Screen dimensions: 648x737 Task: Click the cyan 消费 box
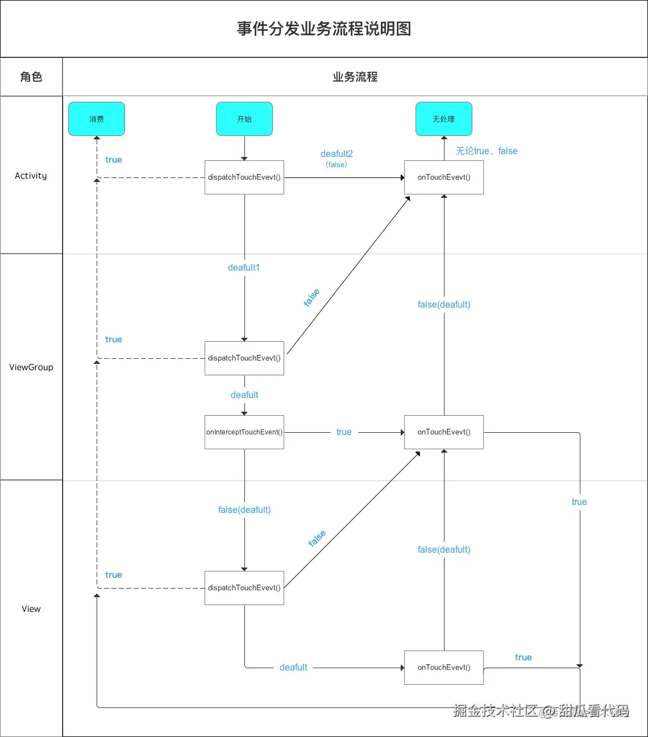pos(97,119)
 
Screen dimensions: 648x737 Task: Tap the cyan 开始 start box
pos(244,119)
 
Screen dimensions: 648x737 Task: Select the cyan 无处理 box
pos(443,119)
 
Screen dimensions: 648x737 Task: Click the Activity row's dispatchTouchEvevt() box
pos(244,177)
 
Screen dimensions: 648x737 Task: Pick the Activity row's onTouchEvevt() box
pos(443,177)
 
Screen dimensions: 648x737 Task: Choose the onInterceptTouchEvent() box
pos(244,432)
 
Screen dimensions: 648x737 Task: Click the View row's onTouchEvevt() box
pos(443,668)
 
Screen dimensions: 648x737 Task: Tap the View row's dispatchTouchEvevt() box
pos(244,588)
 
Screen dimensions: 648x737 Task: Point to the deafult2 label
pos(337,154)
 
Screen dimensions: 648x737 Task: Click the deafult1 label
pos(244,268)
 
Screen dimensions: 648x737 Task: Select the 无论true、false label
pos(487,151)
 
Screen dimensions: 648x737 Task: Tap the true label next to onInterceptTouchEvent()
pos(344,432)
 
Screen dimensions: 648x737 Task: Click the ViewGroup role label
pos(31,367)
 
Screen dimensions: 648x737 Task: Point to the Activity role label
pos(31,176)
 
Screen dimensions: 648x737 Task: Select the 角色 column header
pos(31,77)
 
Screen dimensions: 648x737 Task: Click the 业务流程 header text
pos(355,77)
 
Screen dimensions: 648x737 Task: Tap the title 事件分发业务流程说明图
pos(324,29)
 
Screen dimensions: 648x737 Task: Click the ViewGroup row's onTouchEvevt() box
pos(443,432)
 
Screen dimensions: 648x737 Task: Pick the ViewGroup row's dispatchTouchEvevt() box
pos(244,358)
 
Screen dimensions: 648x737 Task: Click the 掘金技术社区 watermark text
pos(495,710)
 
